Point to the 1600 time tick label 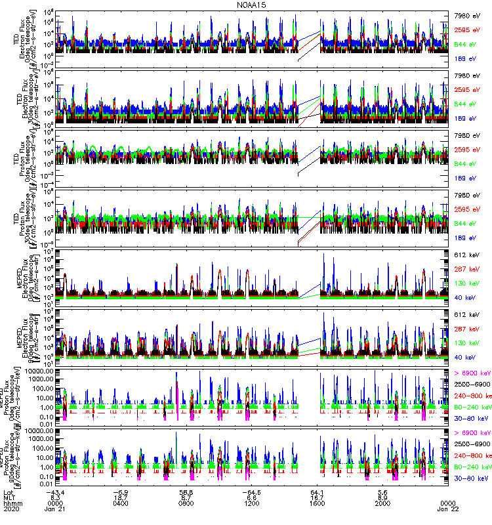[x=318, y=504]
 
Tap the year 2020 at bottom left [x=11, y=511]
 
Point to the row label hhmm [x=12, y=504]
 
